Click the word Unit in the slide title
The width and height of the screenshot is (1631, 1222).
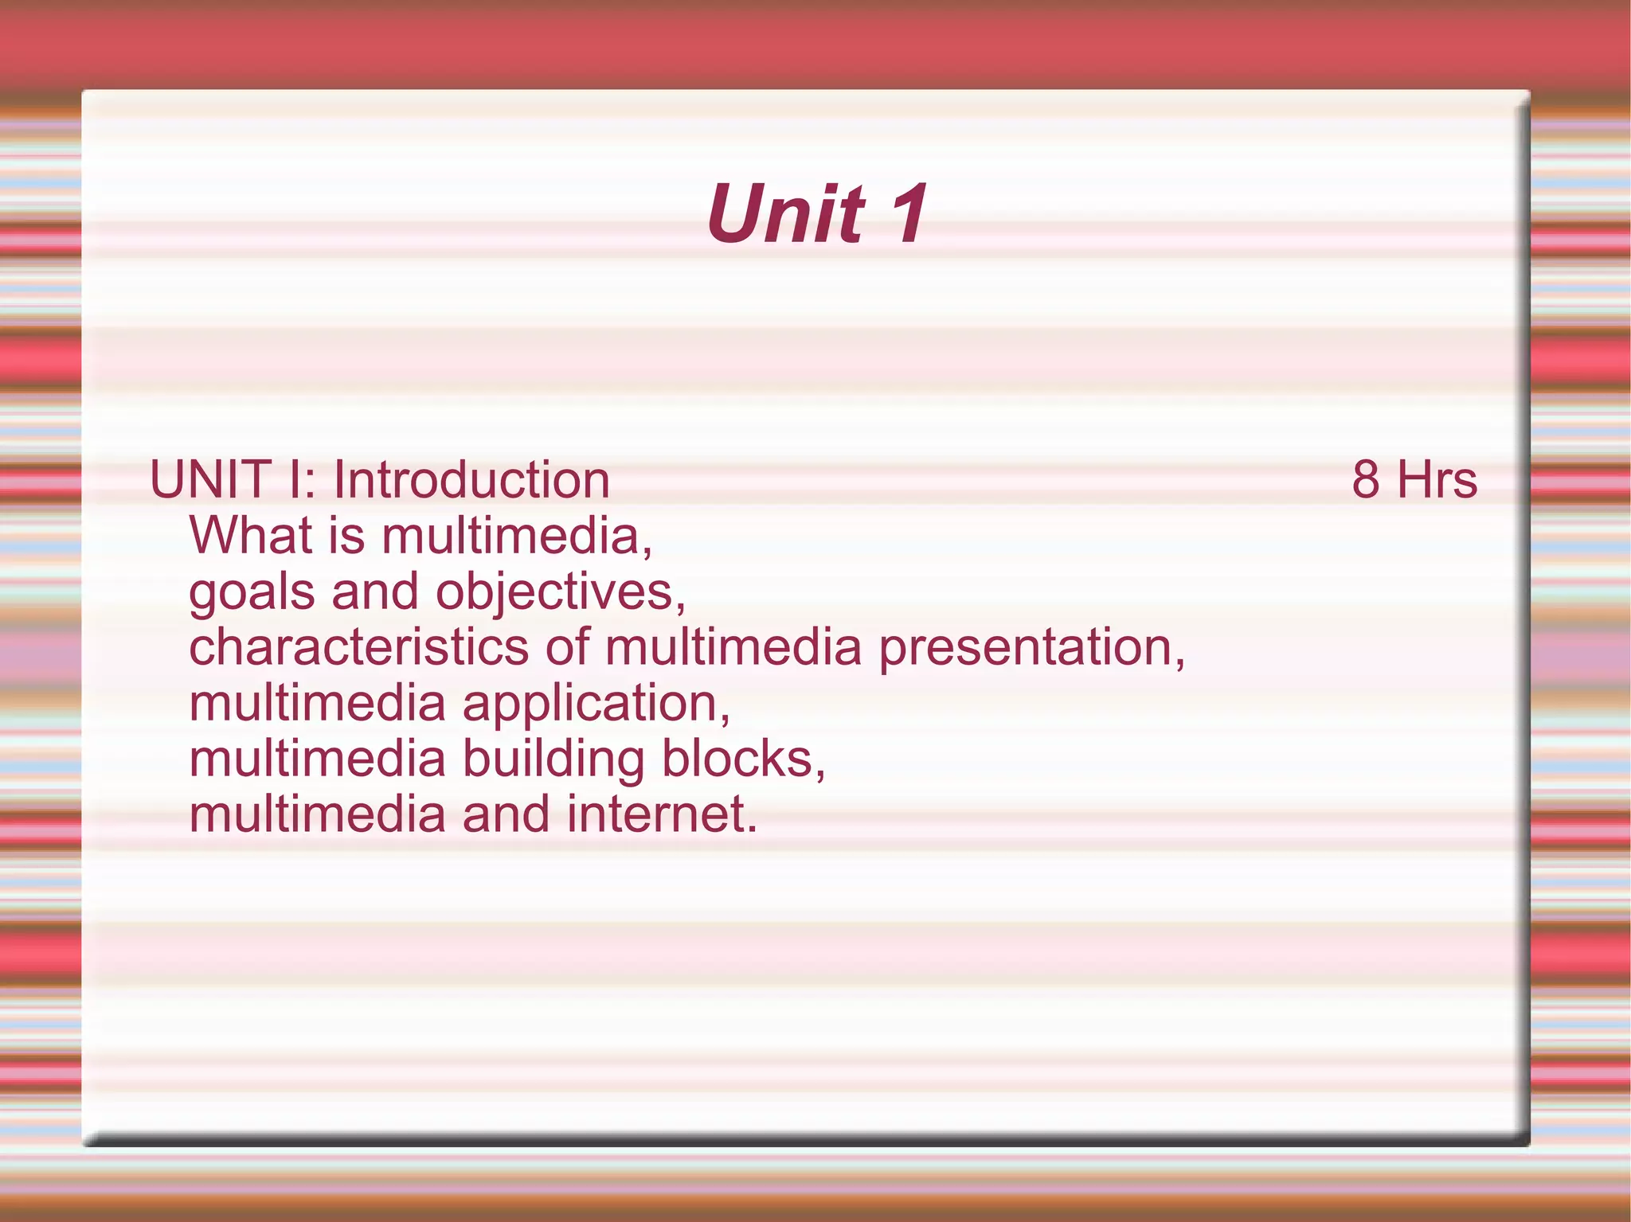(785, 213)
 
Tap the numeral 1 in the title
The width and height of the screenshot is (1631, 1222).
(908, 213)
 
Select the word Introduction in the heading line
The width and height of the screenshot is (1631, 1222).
(471, 480)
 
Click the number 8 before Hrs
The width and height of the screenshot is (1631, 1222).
(1366, 480)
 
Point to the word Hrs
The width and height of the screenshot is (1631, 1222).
(1437, 480)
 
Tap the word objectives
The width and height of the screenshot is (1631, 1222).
(560, 593)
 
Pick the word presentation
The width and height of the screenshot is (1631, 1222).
(1031, 648)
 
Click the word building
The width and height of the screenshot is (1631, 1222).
(553, 759)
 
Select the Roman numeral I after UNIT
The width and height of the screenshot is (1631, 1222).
(296, 480)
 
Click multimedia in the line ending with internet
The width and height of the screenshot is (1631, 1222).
(317, 814)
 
